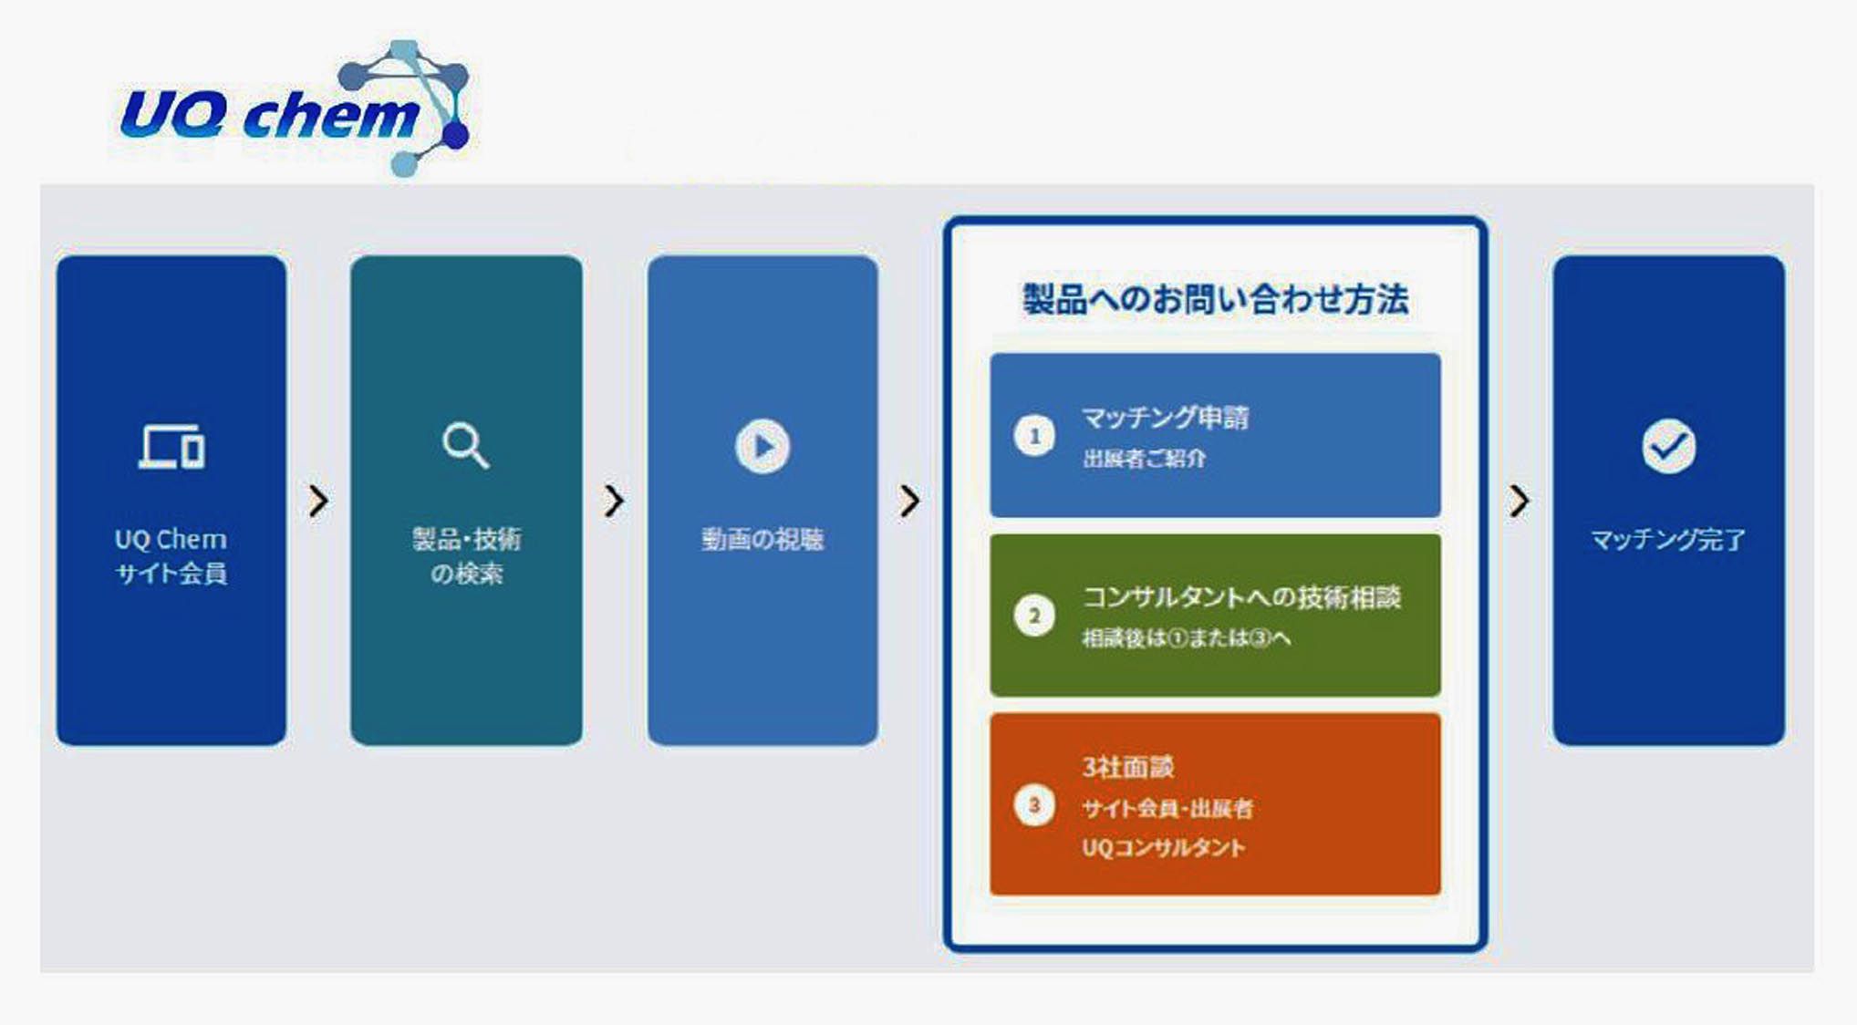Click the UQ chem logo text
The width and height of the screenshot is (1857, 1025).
tap(270, 115)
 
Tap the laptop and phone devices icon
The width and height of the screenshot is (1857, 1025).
tap(171, 447)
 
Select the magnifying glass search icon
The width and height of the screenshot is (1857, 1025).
tap(465, 445)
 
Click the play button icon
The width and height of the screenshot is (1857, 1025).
tap(763, 446)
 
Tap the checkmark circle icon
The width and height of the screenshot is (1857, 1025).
tap(1668, 446)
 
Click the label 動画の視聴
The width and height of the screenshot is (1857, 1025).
tap(763, 540)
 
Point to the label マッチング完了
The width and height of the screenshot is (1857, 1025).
tap(1668, 540)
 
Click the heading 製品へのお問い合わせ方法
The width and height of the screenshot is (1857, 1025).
tap(1215, 299)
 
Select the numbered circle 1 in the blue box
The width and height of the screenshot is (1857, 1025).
tap(1034, 436)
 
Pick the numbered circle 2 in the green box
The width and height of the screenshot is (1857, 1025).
tap(1034, 616)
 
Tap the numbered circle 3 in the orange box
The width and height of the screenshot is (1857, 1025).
tap(1034, 805)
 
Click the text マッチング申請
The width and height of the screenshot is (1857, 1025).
tap(1165, 418)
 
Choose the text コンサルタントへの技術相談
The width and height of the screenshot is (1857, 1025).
tap(1241, 597)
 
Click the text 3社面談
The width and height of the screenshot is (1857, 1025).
tap(1127, 767)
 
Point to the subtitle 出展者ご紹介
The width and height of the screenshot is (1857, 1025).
tap(1144, 459)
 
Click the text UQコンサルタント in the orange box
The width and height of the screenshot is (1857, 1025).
tap(1164, 848)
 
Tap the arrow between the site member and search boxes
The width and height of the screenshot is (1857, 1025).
tap(318, 501)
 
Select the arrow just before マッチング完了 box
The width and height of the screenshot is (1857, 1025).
tap(1519, 501)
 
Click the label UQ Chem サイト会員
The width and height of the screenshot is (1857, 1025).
tap(171, 556)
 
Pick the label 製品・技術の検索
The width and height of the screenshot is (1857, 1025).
tap(466, 556)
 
